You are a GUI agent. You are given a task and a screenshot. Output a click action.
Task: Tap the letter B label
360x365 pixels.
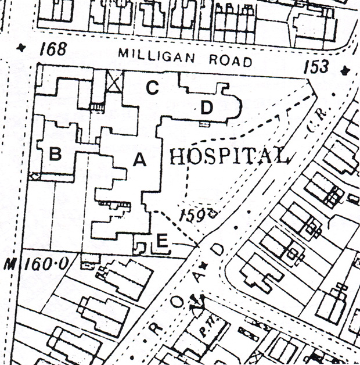(55, 155)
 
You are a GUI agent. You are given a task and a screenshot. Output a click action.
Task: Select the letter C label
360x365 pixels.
(152, 89)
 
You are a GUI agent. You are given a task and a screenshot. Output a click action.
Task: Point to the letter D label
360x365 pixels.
(206, 108)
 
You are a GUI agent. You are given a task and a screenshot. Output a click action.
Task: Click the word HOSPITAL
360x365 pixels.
(229, 156)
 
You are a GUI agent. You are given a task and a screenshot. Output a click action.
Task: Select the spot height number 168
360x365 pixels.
(53, 49)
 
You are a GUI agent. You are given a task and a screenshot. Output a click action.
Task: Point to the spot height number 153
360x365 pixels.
(316, 66)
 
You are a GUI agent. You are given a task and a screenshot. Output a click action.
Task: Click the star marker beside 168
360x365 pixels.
(23, 48)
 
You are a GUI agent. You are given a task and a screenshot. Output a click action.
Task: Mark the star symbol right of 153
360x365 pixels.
(346, 71)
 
